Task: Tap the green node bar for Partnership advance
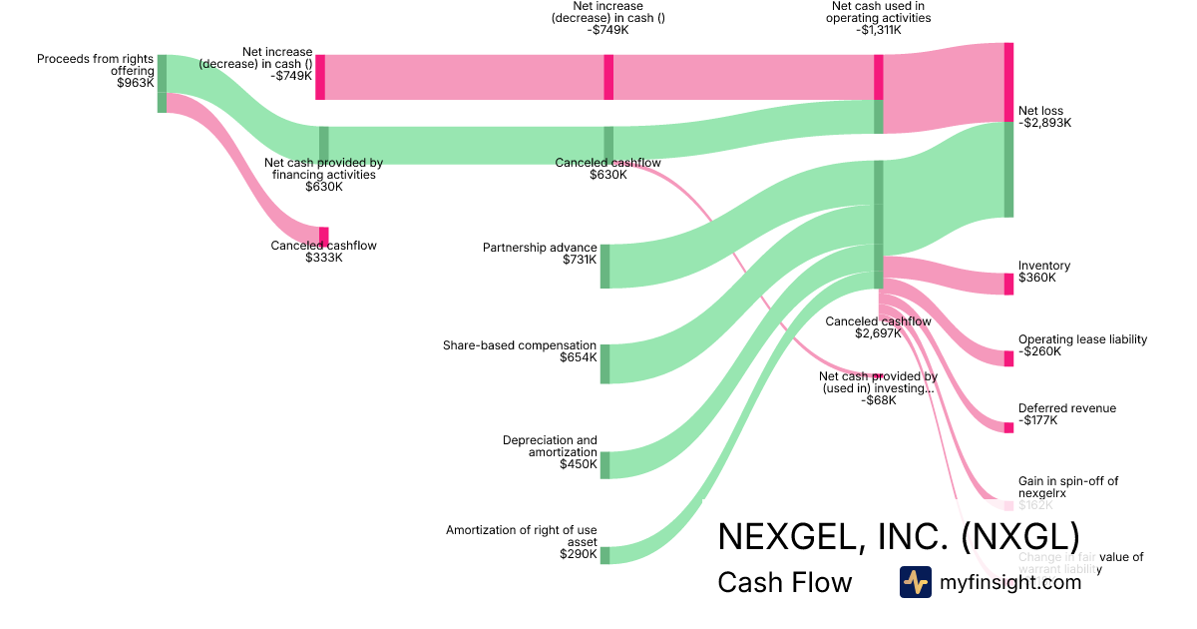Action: tap(604, 266)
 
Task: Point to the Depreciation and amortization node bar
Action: tap(604, 464)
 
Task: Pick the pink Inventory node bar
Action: tap(1008, 284)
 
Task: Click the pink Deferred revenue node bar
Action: tap(1008, 427)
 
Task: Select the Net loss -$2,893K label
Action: tap(1044, 117)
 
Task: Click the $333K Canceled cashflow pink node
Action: tap(323, 237)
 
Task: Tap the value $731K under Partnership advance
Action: tap(580, 260)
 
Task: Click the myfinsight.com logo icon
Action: tap(916, 582)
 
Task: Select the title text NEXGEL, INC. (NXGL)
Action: tap(898, 536)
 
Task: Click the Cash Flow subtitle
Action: tap(784, 583)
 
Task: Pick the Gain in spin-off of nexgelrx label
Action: tap(1068, 487)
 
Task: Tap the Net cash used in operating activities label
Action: tap(881, 17)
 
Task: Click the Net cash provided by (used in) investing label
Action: tap(878, 383)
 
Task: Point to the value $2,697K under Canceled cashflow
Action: tap(878, 333)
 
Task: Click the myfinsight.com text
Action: tap(1010, 582)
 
